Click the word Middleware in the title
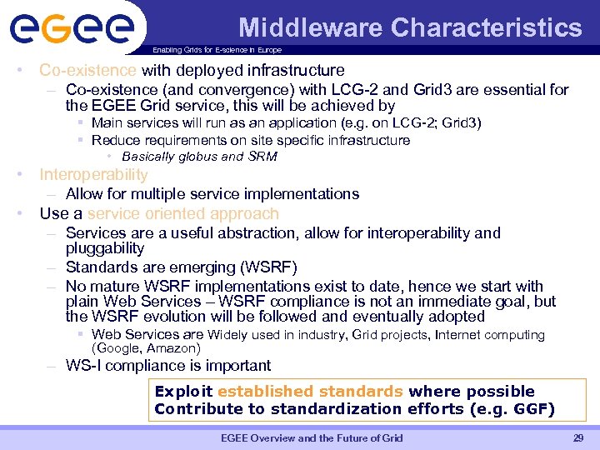[311, 28]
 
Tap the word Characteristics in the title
[487, 28]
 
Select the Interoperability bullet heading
[93, 175]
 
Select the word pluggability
[105, 248]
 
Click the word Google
[120, 348]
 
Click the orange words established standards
[310, 392]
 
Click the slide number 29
[578, 438]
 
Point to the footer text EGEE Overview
[261, 438]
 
